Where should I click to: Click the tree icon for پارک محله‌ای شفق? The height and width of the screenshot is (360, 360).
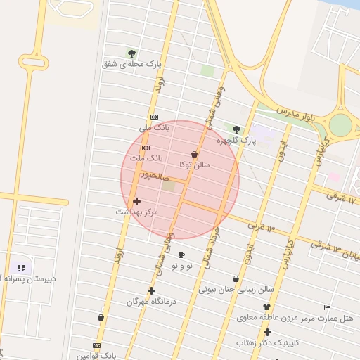pyautogui.click(x=131, y=53)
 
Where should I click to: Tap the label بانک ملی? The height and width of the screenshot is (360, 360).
pyautogui.click(x=155, y=128)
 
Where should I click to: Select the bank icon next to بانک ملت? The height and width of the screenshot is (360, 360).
pyautogui.click(x=146, y=148)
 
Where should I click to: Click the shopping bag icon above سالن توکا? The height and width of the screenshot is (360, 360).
pyautogui.click(x=195, y=154)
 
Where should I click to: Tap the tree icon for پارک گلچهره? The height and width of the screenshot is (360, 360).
pyautogui.click(x=236, y=129)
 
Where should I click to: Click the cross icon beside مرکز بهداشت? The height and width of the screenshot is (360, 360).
pyautogui.click(x=136, y=201)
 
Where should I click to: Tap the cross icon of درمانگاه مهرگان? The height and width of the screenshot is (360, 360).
pyautogui.click(x=151, y=290)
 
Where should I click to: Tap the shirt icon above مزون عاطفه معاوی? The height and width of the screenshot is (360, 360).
pyautogui.click(x=266, y=307)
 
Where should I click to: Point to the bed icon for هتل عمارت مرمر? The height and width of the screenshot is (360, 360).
pyautogui.click(x=327, y=307)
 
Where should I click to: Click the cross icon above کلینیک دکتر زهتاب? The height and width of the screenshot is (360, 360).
pyautogui.click(x=267, y=332)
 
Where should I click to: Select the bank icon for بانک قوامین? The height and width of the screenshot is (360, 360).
pyautogui.click(x=96, y=345)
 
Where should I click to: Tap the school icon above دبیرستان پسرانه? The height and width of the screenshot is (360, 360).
pyautogui.click(x=21, y=268)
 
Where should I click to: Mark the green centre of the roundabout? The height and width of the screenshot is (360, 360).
pyautogui.click(x=340, y=125)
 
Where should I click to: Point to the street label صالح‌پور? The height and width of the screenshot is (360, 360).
pyautogui.click(x=155, y=174)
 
